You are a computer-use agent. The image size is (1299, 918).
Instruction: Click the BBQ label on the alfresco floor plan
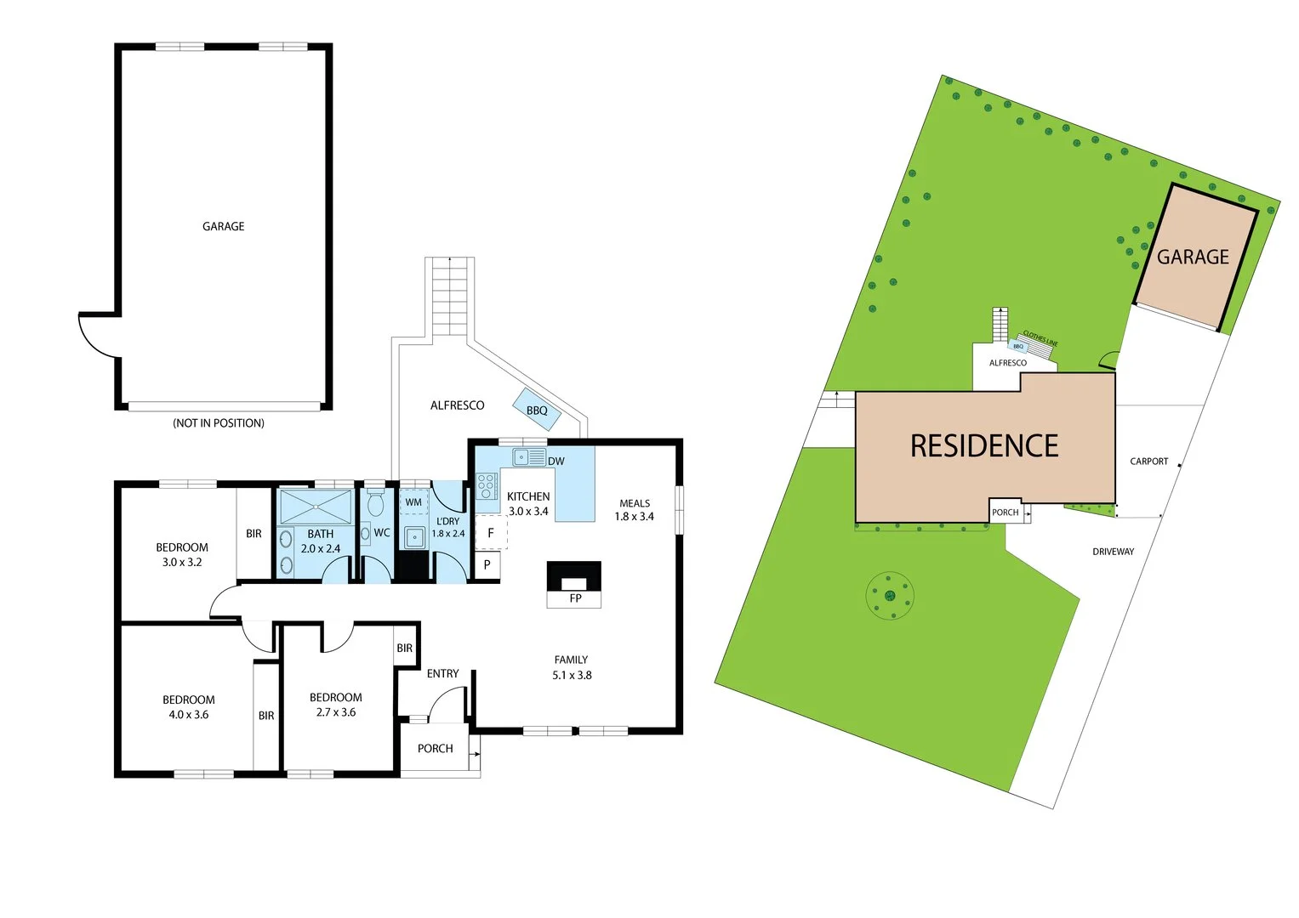[x=537, y=411]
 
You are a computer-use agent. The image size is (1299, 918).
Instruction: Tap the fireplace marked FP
[x=574, y=582]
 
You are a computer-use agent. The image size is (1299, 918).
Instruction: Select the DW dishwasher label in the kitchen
[x=555, y=462]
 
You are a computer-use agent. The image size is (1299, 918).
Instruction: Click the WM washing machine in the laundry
[x=413, y=502]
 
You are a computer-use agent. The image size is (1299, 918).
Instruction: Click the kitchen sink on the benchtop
[x=528, y=457]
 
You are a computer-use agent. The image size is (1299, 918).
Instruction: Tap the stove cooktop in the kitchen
[x=486, y=486]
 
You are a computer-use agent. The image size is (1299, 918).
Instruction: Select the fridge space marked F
[x=490, y=534]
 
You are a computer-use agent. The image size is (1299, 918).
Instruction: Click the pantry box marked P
[x=487, y=564]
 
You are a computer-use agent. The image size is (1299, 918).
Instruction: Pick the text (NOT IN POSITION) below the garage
[x=219, y=423]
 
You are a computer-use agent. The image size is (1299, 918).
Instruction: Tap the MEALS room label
[x=635, y=503]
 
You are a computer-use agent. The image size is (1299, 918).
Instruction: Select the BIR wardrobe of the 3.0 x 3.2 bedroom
[x=254, y=534]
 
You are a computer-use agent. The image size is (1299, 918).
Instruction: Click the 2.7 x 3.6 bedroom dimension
[x=336, y=712]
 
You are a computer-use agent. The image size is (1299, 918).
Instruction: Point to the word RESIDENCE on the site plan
[x=984, y=446]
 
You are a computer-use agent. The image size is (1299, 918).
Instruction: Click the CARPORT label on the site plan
[x=1148, y=462]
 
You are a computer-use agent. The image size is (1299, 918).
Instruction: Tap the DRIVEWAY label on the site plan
[x=1113, y=552]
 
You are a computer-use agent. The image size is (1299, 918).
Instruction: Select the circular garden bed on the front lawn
[x=889, y=595]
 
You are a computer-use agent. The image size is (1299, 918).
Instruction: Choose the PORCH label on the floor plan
[x=435, y=749]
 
